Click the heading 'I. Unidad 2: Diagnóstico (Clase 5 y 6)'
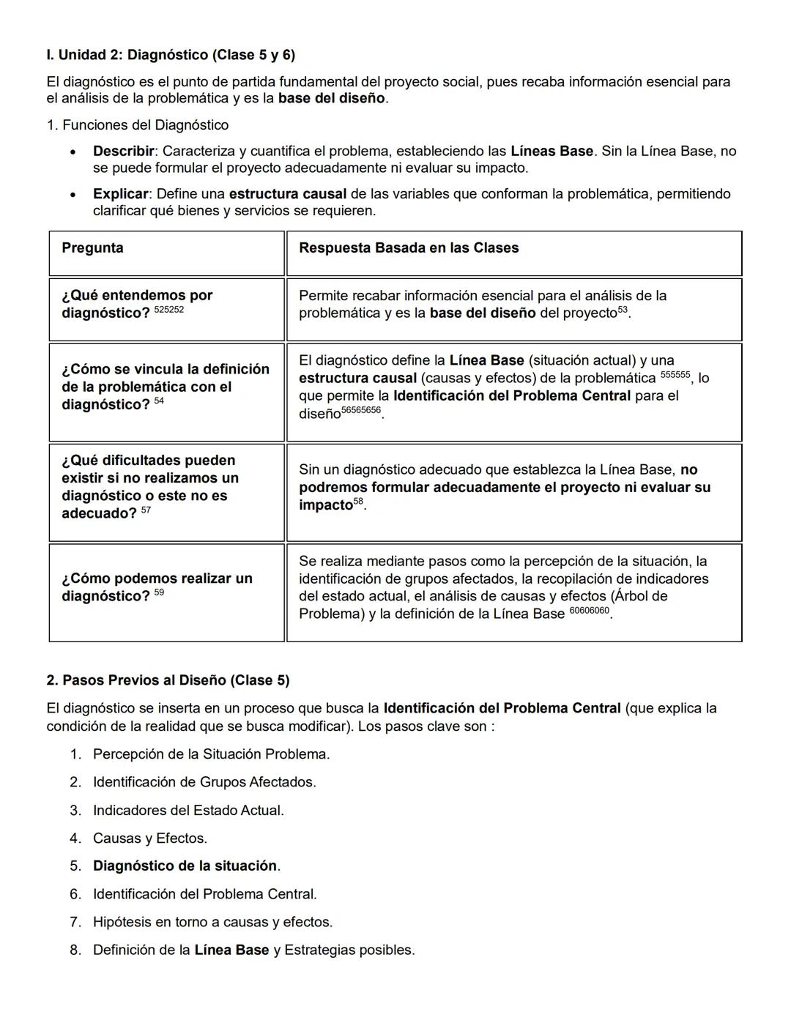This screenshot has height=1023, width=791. [x=171, y=55]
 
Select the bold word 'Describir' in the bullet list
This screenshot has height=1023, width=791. [x=123, y=151]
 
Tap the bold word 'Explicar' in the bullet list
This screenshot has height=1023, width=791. [x=121, y=194]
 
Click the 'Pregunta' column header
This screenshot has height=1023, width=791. [x=92, y=248]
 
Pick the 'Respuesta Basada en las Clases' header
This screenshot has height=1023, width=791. [x=408, y=248]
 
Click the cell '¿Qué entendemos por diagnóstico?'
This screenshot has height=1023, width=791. [x=137, y=304]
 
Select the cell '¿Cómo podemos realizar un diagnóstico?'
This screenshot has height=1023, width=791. [x=157, y=587]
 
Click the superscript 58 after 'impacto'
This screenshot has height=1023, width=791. [x=359, y=502]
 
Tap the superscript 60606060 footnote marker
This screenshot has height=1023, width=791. [x=589, y=611]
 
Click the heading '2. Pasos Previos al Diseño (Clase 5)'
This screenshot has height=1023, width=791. [x=168, y=680]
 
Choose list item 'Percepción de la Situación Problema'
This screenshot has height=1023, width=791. [x=211, y=754]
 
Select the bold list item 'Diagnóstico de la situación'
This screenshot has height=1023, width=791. [x=185, y=866]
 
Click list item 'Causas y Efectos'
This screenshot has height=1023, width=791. [x=149, y=838]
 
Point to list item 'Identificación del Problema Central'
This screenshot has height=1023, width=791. [x=204, y=894]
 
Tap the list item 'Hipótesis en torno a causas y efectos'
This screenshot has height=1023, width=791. [x=212, y=922]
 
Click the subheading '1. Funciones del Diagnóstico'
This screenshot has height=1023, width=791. [x=138, y=125]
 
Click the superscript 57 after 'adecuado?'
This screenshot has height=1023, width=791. [x=146, y=510]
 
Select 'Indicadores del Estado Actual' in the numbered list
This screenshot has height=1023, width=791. [x=187, y=810]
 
